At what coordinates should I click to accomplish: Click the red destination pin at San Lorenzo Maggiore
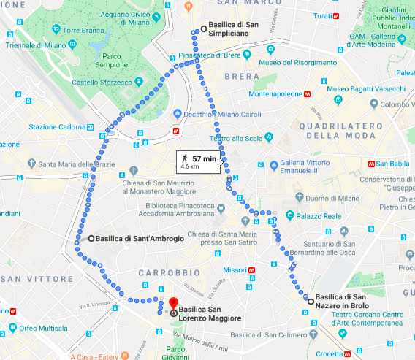173,305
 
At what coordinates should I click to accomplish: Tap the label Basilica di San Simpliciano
237,29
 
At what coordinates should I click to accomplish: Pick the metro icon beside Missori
252,269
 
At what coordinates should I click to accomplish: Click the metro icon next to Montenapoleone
309,94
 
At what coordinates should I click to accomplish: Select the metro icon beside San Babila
373,164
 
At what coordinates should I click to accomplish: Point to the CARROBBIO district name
161,272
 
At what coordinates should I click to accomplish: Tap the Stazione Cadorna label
57,126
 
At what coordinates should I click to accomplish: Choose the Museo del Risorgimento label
298,63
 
